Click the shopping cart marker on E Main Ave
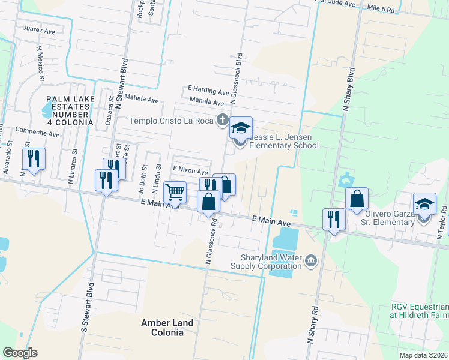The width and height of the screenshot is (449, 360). pyautogui.click(x=175, y=193)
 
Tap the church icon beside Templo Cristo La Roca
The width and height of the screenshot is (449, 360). pyautogui.click(x=222, y=120)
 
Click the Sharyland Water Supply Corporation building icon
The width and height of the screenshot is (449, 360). pyautogui.click(x=310, y=260)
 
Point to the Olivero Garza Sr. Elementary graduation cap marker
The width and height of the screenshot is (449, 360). pyautogui.click(x=424, y=204)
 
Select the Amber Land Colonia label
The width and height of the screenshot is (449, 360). pyautogui.click(x=167, y=328)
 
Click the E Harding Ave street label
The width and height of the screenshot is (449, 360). pyautogui.click(x=208, y=92)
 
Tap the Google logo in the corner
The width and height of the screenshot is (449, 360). pyautogui.click(x=20, y=352)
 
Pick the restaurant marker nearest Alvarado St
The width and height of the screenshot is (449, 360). pyautogui.click(x=34, y=159)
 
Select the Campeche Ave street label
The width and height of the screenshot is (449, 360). pyautogui.click(x=37, y=132)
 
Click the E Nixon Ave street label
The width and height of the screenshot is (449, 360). pyautogui.click(x=190, y=170)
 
